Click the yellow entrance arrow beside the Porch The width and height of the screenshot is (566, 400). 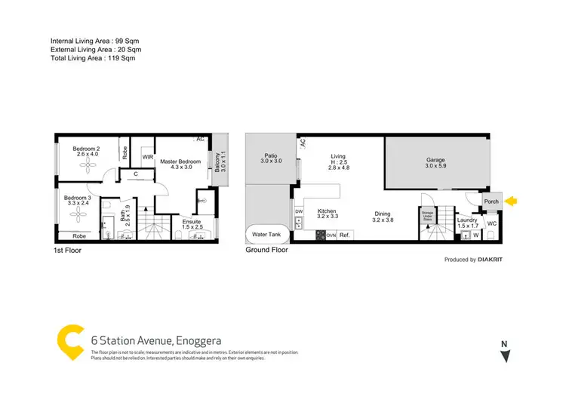(512, 202)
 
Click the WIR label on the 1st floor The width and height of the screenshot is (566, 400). (148, 157)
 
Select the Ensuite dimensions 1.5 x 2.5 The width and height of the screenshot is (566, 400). (192, 226)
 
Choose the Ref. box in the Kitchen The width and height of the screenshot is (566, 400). (345, 235)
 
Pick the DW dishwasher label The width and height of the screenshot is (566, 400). (299, 211)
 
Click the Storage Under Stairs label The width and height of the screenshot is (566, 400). (429, 217)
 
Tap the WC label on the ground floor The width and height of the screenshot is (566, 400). (491, 224)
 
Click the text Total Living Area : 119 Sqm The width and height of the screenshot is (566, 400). (92, 58)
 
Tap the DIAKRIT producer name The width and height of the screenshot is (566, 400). (494, 260)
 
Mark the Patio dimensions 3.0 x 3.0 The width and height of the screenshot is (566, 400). (271, 162)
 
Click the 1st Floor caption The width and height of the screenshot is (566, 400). (67, 250)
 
